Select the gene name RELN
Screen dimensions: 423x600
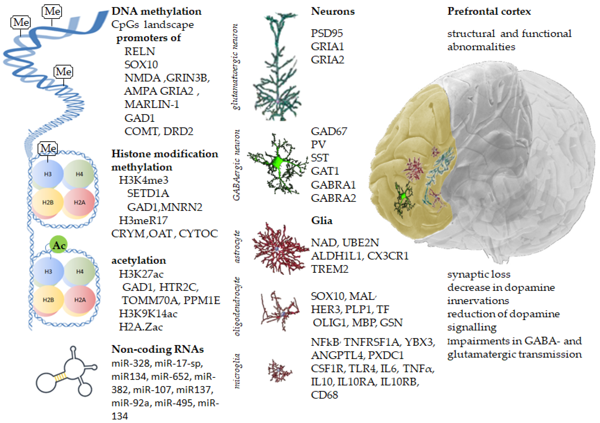pos(140,52)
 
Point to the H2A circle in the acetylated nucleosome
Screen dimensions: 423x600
pos(80,300)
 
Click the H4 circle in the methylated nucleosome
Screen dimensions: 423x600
pos(79,174)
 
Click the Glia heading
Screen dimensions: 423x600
pos(322,221)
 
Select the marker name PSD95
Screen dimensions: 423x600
pos(327,33)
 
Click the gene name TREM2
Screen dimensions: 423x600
pos(330,269)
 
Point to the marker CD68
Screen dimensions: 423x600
pos(324,395)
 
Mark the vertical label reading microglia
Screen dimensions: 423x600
pos(237,371)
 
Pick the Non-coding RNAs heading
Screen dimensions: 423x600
pos(157,349)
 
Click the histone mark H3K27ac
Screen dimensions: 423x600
pos(141,274)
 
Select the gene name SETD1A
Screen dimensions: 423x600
pos(148,194)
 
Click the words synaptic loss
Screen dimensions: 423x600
pos(479,274)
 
